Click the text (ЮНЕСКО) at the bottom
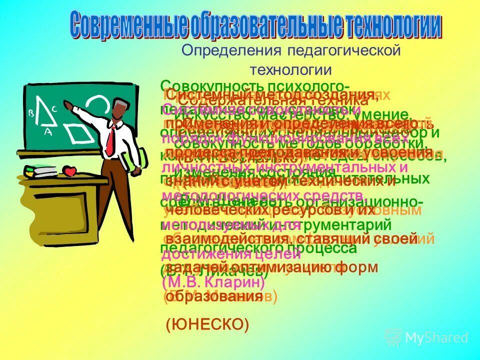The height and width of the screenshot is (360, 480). (207, 325)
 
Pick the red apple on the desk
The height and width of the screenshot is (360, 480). (70, 171)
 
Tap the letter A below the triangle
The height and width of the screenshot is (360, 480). (48, 132)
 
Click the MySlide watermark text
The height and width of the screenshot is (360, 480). (436, 338)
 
